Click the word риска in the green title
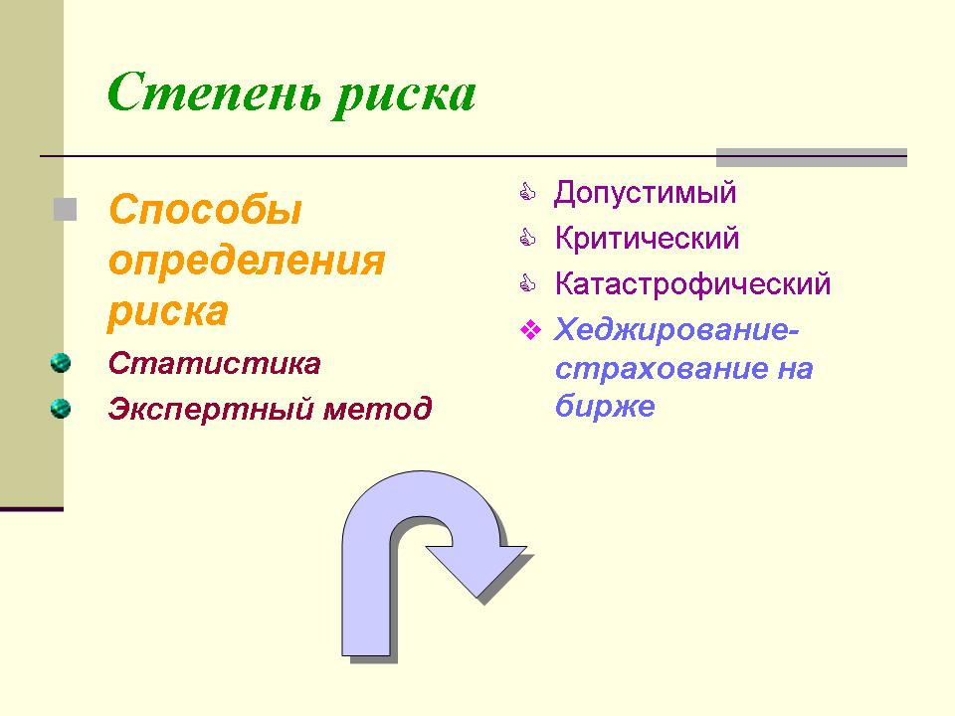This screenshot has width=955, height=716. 405,96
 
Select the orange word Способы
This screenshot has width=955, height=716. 205,210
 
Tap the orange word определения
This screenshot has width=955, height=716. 247,261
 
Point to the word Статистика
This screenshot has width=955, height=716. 215,364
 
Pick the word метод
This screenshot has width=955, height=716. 378,409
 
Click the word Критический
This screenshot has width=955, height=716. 647,238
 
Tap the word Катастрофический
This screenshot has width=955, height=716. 692,283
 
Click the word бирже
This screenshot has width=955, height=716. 605,405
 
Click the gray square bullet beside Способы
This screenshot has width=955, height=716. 66,210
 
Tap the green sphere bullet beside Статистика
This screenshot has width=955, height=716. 61,363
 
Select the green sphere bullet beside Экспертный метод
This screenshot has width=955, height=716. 61,408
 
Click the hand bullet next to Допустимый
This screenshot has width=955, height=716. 527,192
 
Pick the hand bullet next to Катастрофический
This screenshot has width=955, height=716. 527,283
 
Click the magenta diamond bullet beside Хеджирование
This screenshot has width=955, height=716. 530,330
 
